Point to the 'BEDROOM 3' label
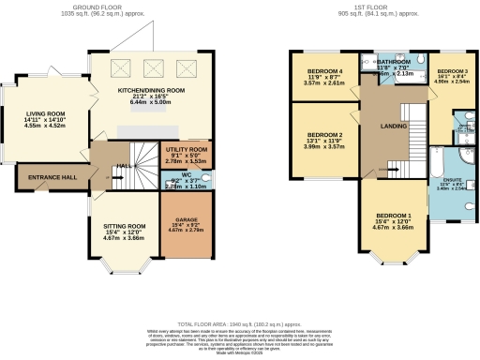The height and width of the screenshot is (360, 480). tap(452, 71)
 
